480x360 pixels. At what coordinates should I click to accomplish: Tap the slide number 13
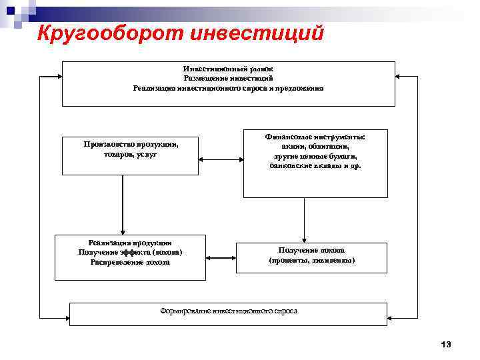(x=446, y=344)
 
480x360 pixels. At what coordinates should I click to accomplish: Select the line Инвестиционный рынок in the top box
(x=228, y=69)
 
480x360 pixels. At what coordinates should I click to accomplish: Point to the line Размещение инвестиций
(x=228, y=78)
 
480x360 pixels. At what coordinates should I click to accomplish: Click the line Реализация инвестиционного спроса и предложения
(x=228, y=87)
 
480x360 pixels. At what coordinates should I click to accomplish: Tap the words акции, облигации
(x=315, y=145)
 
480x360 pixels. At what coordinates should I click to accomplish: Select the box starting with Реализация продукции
(x=130, y=257)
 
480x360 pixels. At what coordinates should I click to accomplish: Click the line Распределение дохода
(x=130, y=262)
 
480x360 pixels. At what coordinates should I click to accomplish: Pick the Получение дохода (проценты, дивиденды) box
(x=311, y=258)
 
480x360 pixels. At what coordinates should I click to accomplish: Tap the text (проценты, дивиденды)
(x=311, y=260)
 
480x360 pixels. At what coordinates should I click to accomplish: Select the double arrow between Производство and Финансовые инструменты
(x=221, y=160)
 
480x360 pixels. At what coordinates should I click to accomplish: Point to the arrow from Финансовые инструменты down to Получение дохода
(x=304, y=220)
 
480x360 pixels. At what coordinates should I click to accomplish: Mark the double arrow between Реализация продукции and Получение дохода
(x=221, y=257)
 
